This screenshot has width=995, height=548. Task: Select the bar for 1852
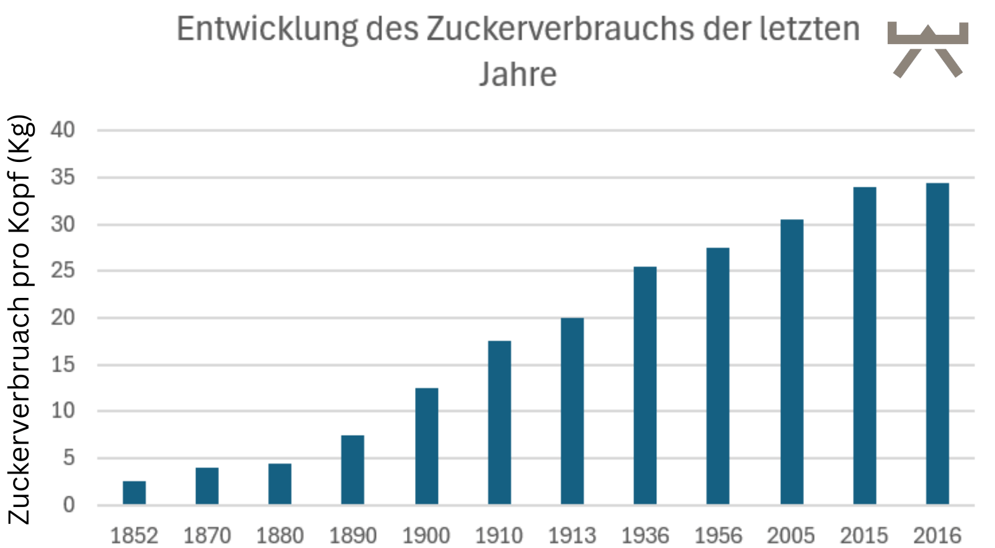point(134,493)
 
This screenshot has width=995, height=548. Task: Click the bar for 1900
point(426,446)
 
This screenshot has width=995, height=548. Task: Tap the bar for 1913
point(572,411)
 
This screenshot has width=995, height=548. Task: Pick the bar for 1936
point(645,385)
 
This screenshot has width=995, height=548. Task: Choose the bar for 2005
point(792,362)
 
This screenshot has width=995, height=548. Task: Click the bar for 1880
point(280,484)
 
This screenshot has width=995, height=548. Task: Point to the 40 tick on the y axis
point(63,130)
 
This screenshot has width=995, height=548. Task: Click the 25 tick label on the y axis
point(63,271)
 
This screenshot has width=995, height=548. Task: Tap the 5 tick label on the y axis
point(68,458)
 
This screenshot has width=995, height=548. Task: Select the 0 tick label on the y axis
point(68,505)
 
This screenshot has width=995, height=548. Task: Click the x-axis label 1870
point(207,535)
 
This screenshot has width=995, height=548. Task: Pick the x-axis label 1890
point(353,535)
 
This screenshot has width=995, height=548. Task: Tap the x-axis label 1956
point(718,535)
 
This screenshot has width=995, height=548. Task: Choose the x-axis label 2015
point(864,535)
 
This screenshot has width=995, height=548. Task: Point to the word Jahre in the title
point(518,74)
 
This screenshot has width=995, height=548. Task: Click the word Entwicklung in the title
point(267,29)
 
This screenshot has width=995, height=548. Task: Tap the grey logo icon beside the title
point(927,50)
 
